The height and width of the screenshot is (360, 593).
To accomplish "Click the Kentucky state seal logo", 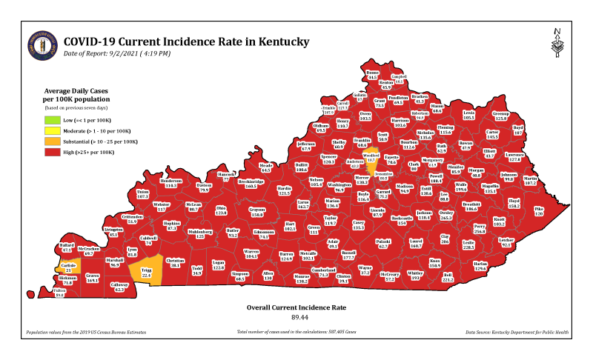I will (41, 47).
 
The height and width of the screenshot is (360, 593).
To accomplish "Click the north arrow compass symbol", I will (557, 44).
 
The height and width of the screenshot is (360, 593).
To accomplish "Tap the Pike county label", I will (538, 210).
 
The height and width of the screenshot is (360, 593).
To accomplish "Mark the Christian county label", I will (176, 262).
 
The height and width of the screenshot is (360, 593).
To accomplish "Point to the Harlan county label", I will (480, 265).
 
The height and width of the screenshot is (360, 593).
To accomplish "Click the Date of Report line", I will (117, 53).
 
